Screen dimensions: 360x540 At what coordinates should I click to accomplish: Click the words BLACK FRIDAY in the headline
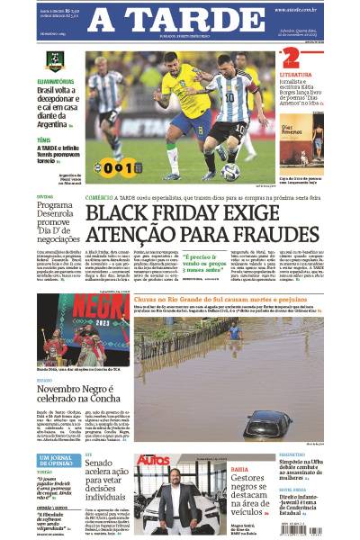click(x=148, y=215)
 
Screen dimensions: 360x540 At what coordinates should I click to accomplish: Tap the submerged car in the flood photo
click(x=271, y=420)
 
